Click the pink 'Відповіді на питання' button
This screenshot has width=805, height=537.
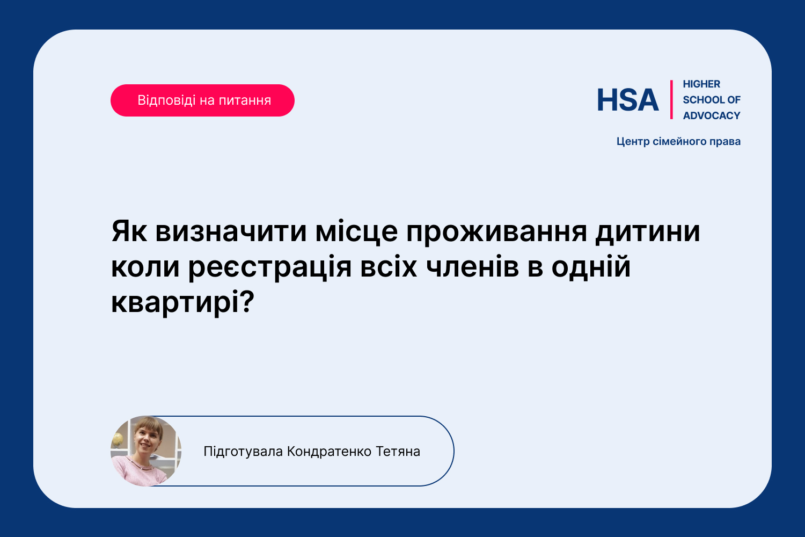point(202,100)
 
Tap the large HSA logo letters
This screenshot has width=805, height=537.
point(628,100)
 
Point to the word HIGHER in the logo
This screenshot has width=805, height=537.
point(701,84)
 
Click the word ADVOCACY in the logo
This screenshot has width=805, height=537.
point(712,115)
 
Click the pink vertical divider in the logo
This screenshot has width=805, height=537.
point(671,100)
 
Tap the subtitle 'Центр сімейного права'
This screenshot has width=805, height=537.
point(678,141)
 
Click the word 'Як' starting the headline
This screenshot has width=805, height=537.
point(129,231)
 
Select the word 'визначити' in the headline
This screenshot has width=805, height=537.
point(231,231)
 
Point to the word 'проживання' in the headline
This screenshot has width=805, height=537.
point(496,233)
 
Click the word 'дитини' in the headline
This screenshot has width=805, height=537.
point(648,233)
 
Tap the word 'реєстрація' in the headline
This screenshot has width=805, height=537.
point(270,268)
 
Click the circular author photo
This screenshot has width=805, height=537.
point(146,451)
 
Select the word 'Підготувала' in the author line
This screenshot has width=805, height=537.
point(243,452)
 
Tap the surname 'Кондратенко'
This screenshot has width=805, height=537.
point(329,452)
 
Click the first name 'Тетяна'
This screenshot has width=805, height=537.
point(398,452)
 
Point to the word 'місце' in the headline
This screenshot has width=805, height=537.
point(356,231)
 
